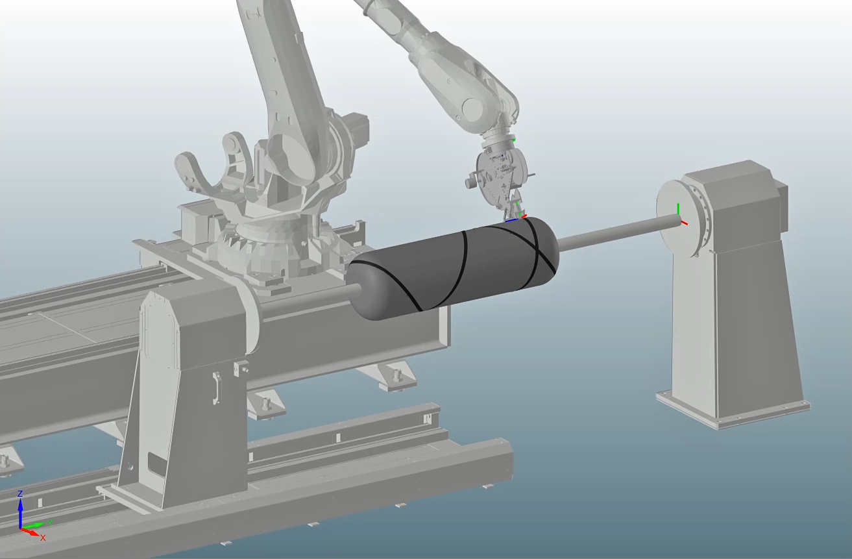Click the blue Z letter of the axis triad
20,493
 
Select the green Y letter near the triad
51,523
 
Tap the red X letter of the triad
43,538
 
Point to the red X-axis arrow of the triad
30,532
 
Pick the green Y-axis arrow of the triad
34,526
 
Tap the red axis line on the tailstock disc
683,222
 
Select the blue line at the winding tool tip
511,219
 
